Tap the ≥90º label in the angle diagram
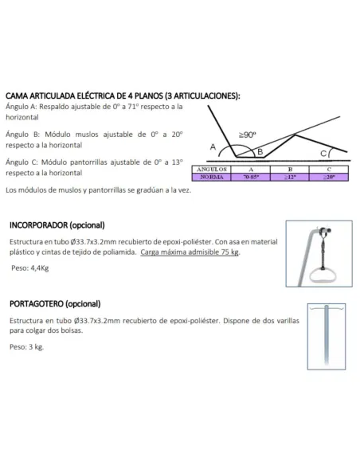(x=247, y=136)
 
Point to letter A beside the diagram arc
(x=213, y=147)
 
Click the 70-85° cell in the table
(x=252, y=178)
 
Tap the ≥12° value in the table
(x=291, y=178)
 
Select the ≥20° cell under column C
(x=329, y=178)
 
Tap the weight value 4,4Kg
(x=39, y=268)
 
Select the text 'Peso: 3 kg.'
(x=26, y=347)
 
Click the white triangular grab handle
(x=325, y=276)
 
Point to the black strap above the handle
(x=324, y=253)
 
